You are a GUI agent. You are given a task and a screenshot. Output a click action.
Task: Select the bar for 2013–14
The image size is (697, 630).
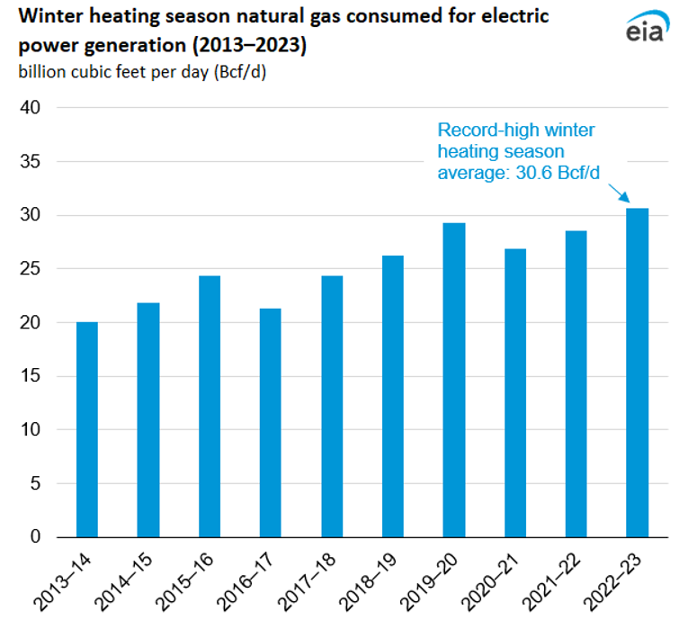(x=87, y=429)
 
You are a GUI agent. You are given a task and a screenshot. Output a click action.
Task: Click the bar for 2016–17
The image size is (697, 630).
(x=270, y=423)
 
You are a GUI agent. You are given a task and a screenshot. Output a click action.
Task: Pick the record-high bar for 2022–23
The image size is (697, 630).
(x=637, y=373)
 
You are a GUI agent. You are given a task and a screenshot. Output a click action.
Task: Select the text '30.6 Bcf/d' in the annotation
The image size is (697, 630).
(x=558, y=172)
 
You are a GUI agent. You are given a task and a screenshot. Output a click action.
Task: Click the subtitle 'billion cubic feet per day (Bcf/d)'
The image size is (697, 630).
(x=141, y=72)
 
